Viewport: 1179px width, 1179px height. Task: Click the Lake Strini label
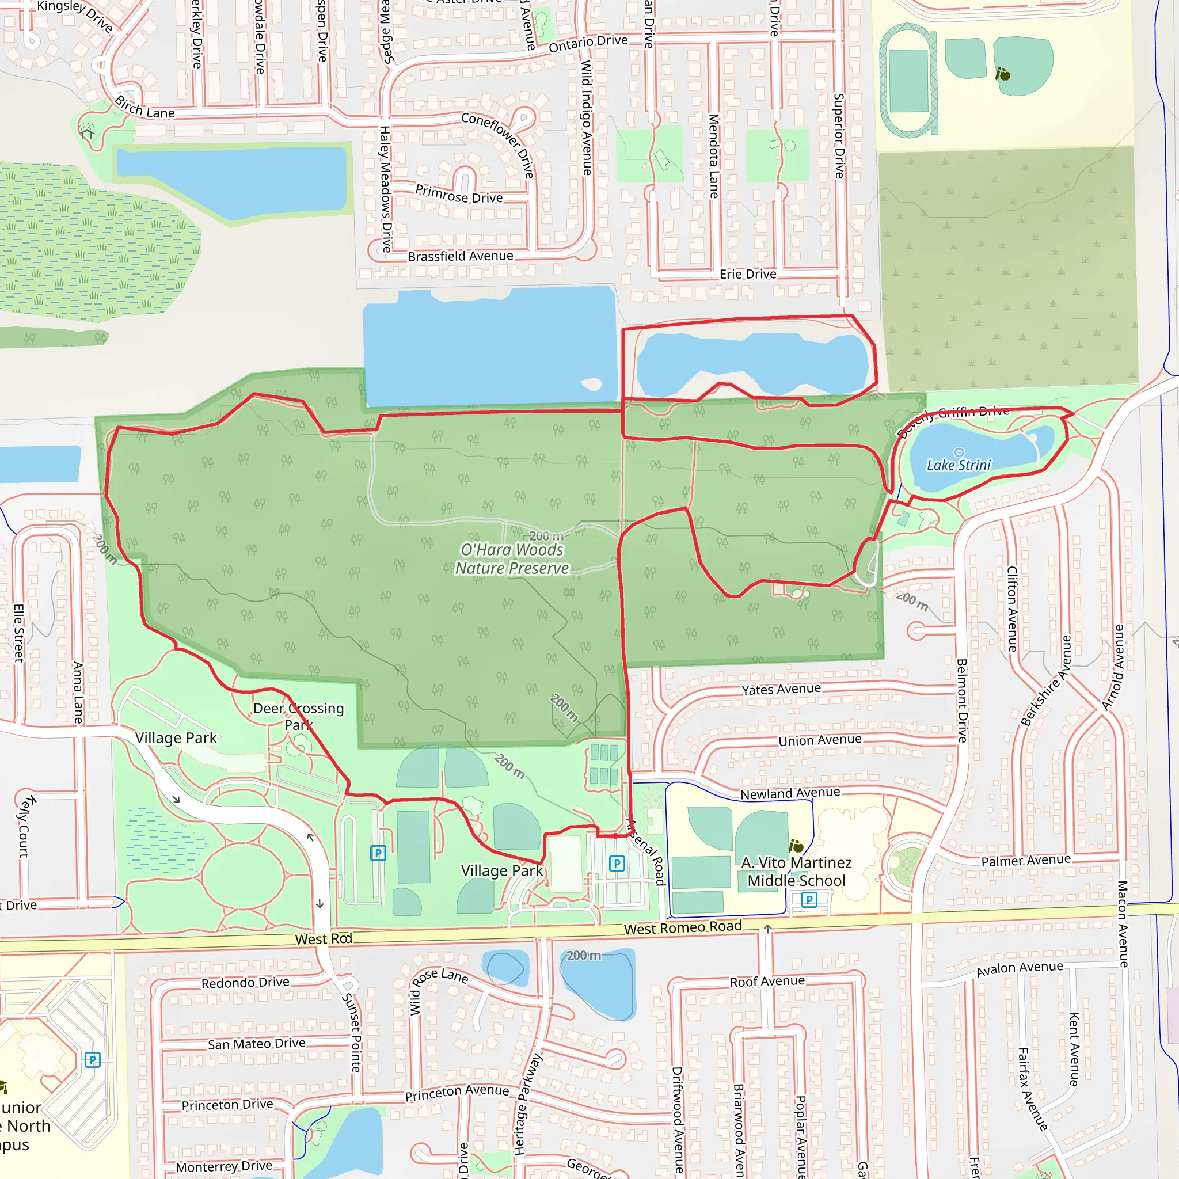pos(959,465)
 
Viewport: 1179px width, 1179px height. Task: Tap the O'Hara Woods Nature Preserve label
pos(512,559)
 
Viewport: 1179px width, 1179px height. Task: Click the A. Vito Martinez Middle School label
pos(796,872)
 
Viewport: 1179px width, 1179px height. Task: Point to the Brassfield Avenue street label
pos(460,256)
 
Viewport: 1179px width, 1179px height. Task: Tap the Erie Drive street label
pos(748,274)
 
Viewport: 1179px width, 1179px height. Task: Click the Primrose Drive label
pos(459,195)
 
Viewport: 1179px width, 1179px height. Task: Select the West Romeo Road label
pos(683,927)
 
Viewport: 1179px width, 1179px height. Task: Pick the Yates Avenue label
pos(781,689)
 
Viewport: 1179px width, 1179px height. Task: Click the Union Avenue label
pos(820,740)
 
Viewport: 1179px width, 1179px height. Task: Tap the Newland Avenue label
pos(790,793)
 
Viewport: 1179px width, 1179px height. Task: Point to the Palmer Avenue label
pos(1026,861)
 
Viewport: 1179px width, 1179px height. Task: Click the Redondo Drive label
pos(245,983)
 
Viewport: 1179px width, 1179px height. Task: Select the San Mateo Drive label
pos(256,1044)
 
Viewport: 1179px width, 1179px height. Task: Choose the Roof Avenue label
pos(767,982)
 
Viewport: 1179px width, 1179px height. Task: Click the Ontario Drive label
pos(588,44)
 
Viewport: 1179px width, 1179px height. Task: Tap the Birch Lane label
pos(144,108)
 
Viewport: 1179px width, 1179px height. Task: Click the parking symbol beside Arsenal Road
pos(617,864)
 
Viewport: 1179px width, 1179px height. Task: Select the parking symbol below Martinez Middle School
pos(809,900)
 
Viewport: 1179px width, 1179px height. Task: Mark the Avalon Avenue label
pos(1020,969)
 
